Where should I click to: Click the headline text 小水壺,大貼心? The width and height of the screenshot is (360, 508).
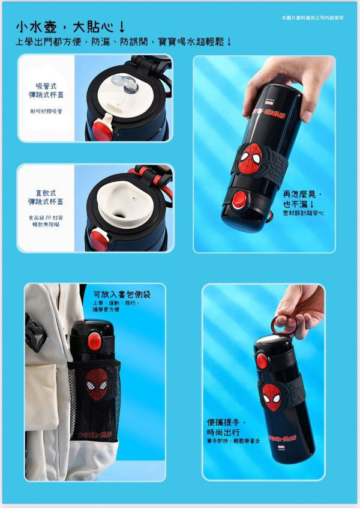[71, 27]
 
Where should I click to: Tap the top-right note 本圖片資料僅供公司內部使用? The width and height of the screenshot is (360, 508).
[311, 18]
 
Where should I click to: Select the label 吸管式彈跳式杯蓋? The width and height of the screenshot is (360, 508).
[46, 91]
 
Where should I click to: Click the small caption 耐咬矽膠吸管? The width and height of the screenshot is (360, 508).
[46, 112]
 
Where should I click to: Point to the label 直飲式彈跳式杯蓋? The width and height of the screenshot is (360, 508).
[46, 198]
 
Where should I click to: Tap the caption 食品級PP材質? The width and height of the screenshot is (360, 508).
[46, 218]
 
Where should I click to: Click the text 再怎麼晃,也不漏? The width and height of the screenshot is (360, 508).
[303, 199]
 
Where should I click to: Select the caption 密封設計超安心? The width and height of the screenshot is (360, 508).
[303, 213]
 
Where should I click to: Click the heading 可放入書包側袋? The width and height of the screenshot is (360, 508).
[122, 294]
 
